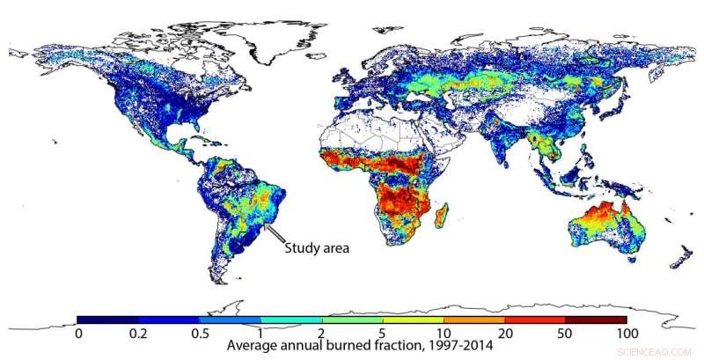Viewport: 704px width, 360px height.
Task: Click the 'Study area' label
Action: (316, 248)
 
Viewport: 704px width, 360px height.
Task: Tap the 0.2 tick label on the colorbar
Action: (139, 333)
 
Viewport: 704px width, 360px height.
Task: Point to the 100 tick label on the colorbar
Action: (627, 333)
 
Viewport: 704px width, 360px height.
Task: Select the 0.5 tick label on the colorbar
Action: (200, 333)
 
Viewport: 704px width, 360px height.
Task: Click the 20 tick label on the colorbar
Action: (504, 333)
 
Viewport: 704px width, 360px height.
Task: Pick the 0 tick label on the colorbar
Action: (78, 333)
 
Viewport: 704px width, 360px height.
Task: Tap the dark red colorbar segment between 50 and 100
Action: (596, 320)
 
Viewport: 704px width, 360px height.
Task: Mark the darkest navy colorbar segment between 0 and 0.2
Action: (107, 320)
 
